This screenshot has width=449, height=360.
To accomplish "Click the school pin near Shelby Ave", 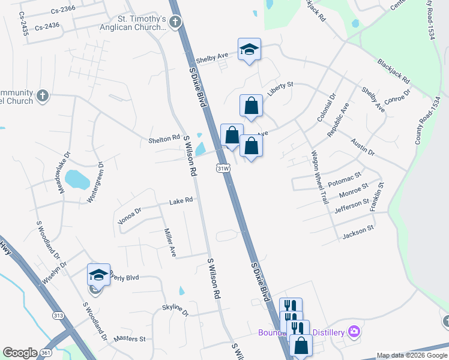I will (249, 49).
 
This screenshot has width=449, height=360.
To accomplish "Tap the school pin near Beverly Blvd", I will (98, 274).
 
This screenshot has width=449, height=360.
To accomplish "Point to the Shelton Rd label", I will (164, 139).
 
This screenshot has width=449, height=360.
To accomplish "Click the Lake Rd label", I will (181, 200).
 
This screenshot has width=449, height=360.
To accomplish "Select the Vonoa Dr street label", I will (129, 215).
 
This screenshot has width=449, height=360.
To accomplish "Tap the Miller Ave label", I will (169, 243).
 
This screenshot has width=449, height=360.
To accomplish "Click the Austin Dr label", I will (363, 148).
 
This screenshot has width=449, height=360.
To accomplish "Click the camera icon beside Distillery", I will (354, 332).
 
